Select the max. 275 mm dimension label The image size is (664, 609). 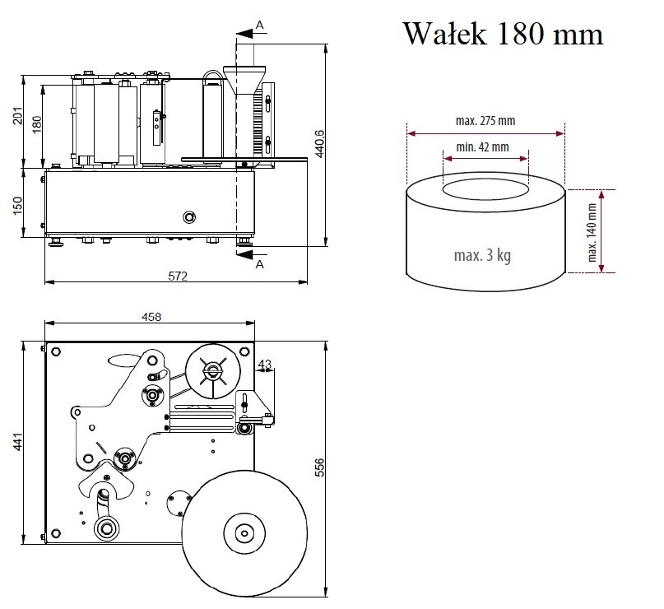[485, 120]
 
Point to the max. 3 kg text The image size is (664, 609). [482, 255]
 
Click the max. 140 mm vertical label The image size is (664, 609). [592, 230]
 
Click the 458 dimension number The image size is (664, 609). [151, 317]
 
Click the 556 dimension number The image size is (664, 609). [321, 466]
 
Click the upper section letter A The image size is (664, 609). [260, 26]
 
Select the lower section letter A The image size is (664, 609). [260, 263]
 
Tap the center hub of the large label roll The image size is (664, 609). [243, 533]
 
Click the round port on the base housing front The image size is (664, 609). [190, 216]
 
